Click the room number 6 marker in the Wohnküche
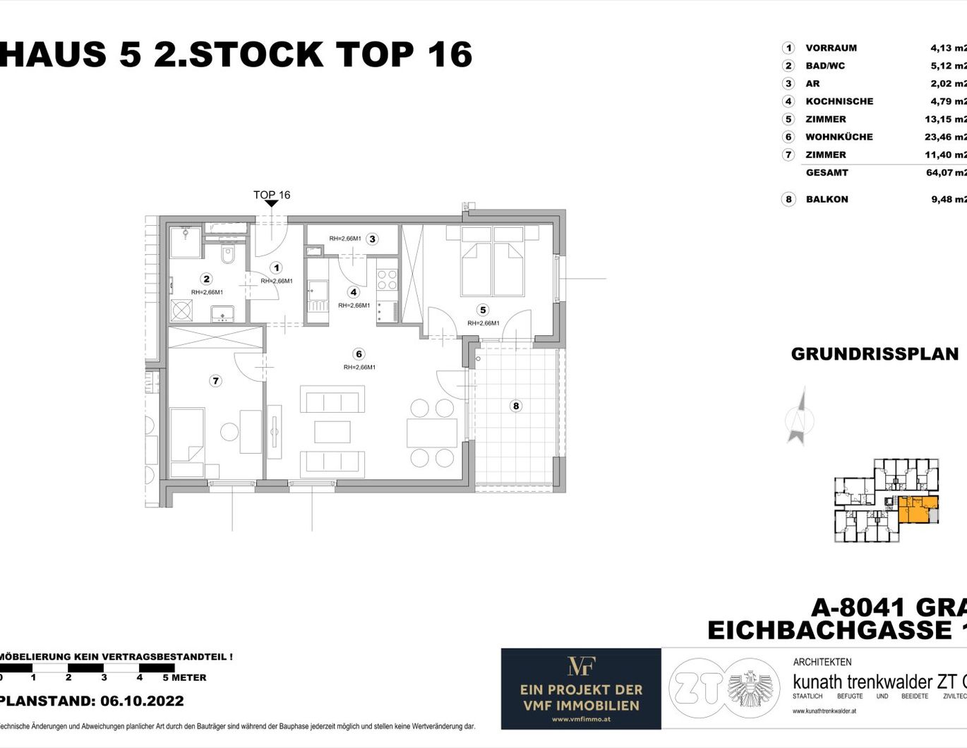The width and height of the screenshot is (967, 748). pos(359,354)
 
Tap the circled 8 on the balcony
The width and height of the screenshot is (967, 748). pos(516,406)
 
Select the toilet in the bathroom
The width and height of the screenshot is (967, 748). pos(227,255)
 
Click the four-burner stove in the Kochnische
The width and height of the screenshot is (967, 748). pos(387,279)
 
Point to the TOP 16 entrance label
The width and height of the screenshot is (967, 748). pos(272,195)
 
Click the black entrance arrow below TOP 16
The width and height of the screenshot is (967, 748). pos(272,204)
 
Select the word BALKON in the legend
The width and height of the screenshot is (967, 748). pos(827,199)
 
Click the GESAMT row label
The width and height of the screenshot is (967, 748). pos(827,172)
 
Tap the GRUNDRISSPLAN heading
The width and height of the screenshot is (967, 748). pos(875,354)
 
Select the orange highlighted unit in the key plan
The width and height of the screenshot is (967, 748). pos(915,508)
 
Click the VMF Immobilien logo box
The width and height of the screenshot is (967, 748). pos(581,689)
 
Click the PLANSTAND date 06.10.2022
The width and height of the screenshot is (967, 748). pos(142,701)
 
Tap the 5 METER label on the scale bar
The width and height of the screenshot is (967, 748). pos(184,677)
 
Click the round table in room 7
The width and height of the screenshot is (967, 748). pos(229,432)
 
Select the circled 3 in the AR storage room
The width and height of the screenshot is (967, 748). pos(372,239)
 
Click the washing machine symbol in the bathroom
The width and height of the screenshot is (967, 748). pos(182,310)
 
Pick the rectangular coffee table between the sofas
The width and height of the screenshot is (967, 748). pos(332,432)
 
